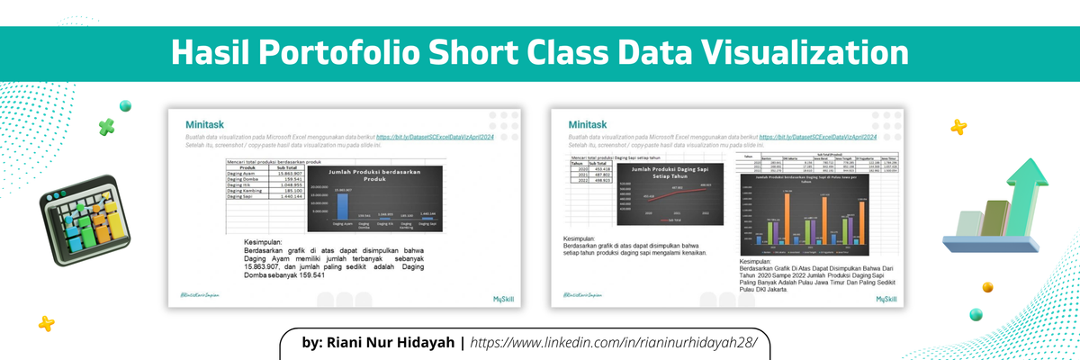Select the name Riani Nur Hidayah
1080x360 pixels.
click(x=380, y=343)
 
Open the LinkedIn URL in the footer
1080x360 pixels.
click(x=614, y=343)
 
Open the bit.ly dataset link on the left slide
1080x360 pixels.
click(x=436, y=135)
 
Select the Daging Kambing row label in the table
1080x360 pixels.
click(x=245, y=191)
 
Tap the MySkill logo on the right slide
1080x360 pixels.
click(x=886, y=298)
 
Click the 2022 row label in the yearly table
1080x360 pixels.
click(x=581, y=180)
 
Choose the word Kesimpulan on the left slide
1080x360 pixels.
click(x=263, y=243)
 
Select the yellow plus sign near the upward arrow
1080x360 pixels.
click(x=958, y=128)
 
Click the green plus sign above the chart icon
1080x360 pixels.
click(x=107, y=127)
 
